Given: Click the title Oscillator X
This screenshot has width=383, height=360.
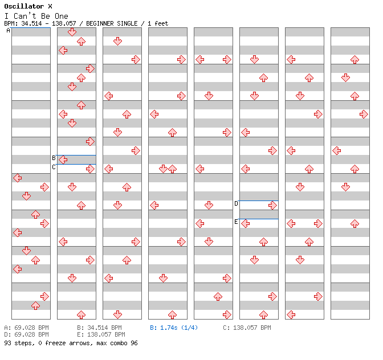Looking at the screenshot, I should click(28, 6).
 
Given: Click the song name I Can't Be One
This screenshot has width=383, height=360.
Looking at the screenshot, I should click(36, 16).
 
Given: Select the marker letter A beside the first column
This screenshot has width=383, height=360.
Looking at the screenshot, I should click(9, 31).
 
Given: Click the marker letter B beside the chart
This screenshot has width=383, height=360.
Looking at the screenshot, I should click(54, 158).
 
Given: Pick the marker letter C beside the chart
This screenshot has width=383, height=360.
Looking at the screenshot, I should click(54, 167).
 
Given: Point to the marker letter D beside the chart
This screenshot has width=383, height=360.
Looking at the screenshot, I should click(236, 203).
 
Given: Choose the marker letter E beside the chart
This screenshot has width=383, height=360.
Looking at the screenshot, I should click(236, 222).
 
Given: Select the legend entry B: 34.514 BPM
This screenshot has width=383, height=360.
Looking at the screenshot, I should click(99, 328).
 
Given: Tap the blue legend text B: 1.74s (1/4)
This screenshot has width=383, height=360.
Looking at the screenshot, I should click(174, 328).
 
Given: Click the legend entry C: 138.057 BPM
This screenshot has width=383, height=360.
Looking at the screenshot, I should click(247, 328).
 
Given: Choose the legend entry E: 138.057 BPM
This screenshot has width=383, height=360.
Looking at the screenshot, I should click(101, 334).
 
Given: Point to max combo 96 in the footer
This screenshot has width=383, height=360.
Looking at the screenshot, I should click(117, 343).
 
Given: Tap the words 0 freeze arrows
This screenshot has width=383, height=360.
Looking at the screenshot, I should click(64, 343).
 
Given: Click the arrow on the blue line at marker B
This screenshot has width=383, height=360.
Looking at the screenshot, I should click(63, 159).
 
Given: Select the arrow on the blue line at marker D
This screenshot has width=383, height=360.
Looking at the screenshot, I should click(272, 205).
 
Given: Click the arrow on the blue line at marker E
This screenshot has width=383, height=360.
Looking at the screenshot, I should click(245, 223).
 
